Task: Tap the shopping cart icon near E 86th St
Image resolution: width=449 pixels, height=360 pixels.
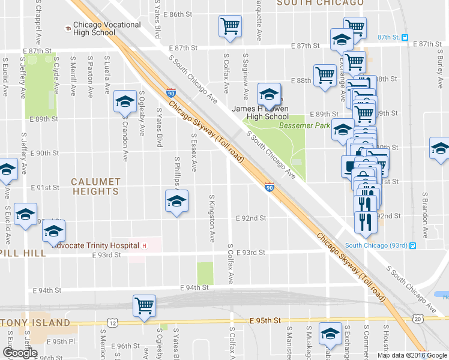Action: click(231, 27)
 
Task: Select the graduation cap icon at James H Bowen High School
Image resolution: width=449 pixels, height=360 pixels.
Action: click(269, 94)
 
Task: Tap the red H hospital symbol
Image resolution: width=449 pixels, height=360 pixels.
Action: click(144, 245)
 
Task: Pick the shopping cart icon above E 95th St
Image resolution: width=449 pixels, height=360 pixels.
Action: click(145, 306)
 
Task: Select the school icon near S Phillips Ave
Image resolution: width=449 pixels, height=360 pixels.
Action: click(177, 202)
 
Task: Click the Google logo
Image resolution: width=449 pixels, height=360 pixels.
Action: click(20, 353)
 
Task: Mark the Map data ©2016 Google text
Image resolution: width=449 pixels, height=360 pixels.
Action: click(411, 355)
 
